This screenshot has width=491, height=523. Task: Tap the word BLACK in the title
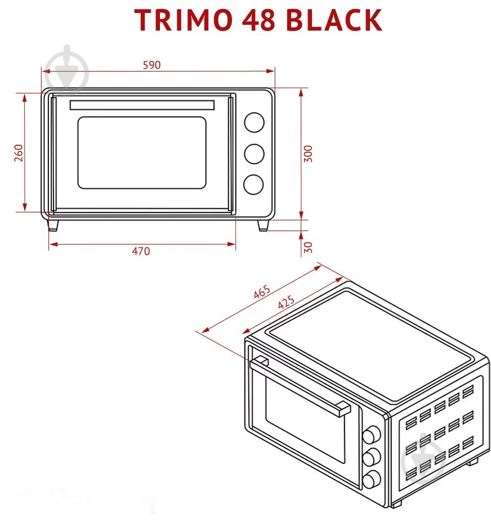coord(334,20)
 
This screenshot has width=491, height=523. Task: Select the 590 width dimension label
coord(151,65)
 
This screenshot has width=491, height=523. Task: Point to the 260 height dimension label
coord(18,153)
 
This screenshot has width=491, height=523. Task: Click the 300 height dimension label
coord(308,153)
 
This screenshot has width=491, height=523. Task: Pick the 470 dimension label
coord(141,251)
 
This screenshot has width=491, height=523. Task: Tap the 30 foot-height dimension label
coord(307,247)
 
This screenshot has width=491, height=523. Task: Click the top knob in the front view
coord(254,122)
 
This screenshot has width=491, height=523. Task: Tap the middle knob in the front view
coord(254,153)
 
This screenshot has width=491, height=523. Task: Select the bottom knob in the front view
coord(254,184)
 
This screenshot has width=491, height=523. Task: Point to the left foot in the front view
coord(53,225)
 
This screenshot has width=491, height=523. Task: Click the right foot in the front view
coord(263,225)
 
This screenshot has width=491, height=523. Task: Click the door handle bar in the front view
coord(142,105)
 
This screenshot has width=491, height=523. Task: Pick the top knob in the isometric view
coord(371,435)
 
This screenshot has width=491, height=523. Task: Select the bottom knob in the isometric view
coord(371,480)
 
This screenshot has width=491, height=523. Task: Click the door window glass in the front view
coord(142,153)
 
